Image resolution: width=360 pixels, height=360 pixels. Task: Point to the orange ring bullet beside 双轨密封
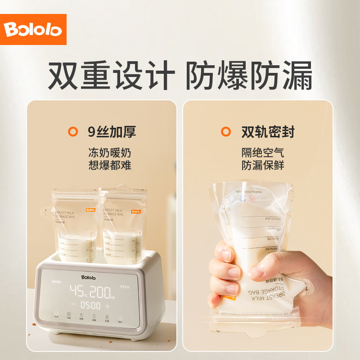click(225, 132)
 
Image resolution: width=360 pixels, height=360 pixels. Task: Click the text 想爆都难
click(110, 165)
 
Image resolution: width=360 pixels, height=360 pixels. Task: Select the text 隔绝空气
click(263, 153)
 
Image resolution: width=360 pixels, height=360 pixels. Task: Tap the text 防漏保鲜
click(263, 165)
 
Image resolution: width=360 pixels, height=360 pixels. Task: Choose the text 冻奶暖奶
click(110, 153)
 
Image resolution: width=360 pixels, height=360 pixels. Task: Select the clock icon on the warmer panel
click(120, 317)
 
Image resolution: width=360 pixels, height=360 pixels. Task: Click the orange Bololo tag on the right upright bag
click(136, 210)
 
